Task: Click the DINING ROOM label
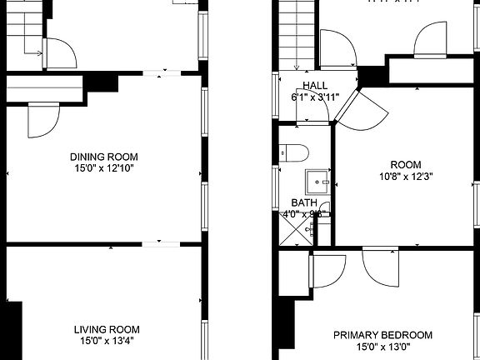coord(104,157)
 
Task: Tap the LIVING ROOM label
coord(104,328)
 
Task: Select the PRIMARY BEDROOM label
coord(383,335)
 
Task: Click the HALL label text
coord(315,86)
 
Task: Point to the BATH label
coord(303,202)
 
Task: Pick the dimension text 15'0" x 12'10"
coord(104,168)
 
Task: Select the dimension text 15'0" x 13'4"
coord(104,340)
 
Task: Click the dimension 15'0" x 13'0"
coord(383,347)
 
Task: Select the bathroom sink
coord(317,180)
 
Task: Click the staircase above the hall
coord(294,33)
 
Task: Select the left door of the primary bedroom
coord(327,270)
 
